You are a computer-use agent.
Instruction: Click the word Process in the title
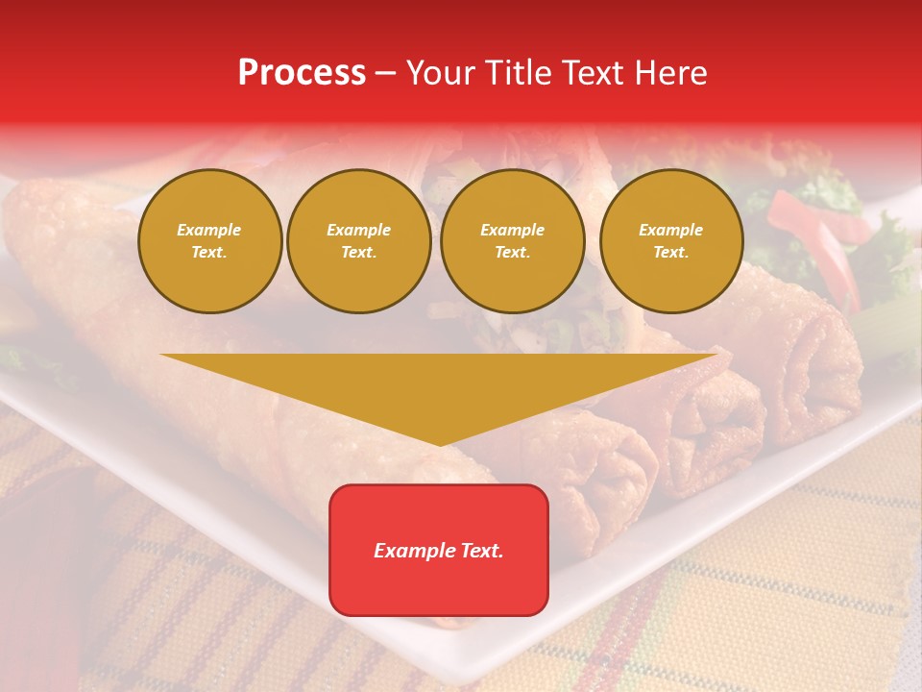(302, 73)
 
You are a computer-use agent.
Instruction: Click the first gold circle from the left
(209, 241)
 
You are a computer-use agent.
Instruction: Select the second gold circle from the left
(359, 241)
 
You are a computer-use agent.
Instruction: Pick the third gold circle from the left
(513, 241)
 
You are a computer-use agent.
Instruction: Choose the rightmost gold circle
(671, 241)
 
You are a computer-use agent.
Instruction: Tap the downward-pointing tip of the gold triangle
(440, 442)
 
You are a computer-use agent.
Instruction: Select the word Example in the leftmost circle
(209, 230)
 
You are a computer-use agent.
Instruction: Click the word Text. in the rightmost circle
(671, 253)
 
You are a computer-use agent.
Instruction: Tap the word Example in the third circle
(513, 230)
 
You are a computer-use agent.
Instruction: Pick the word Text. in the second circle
(359, 253)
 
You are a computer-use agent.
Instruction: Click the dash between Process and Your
(386, 73)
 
